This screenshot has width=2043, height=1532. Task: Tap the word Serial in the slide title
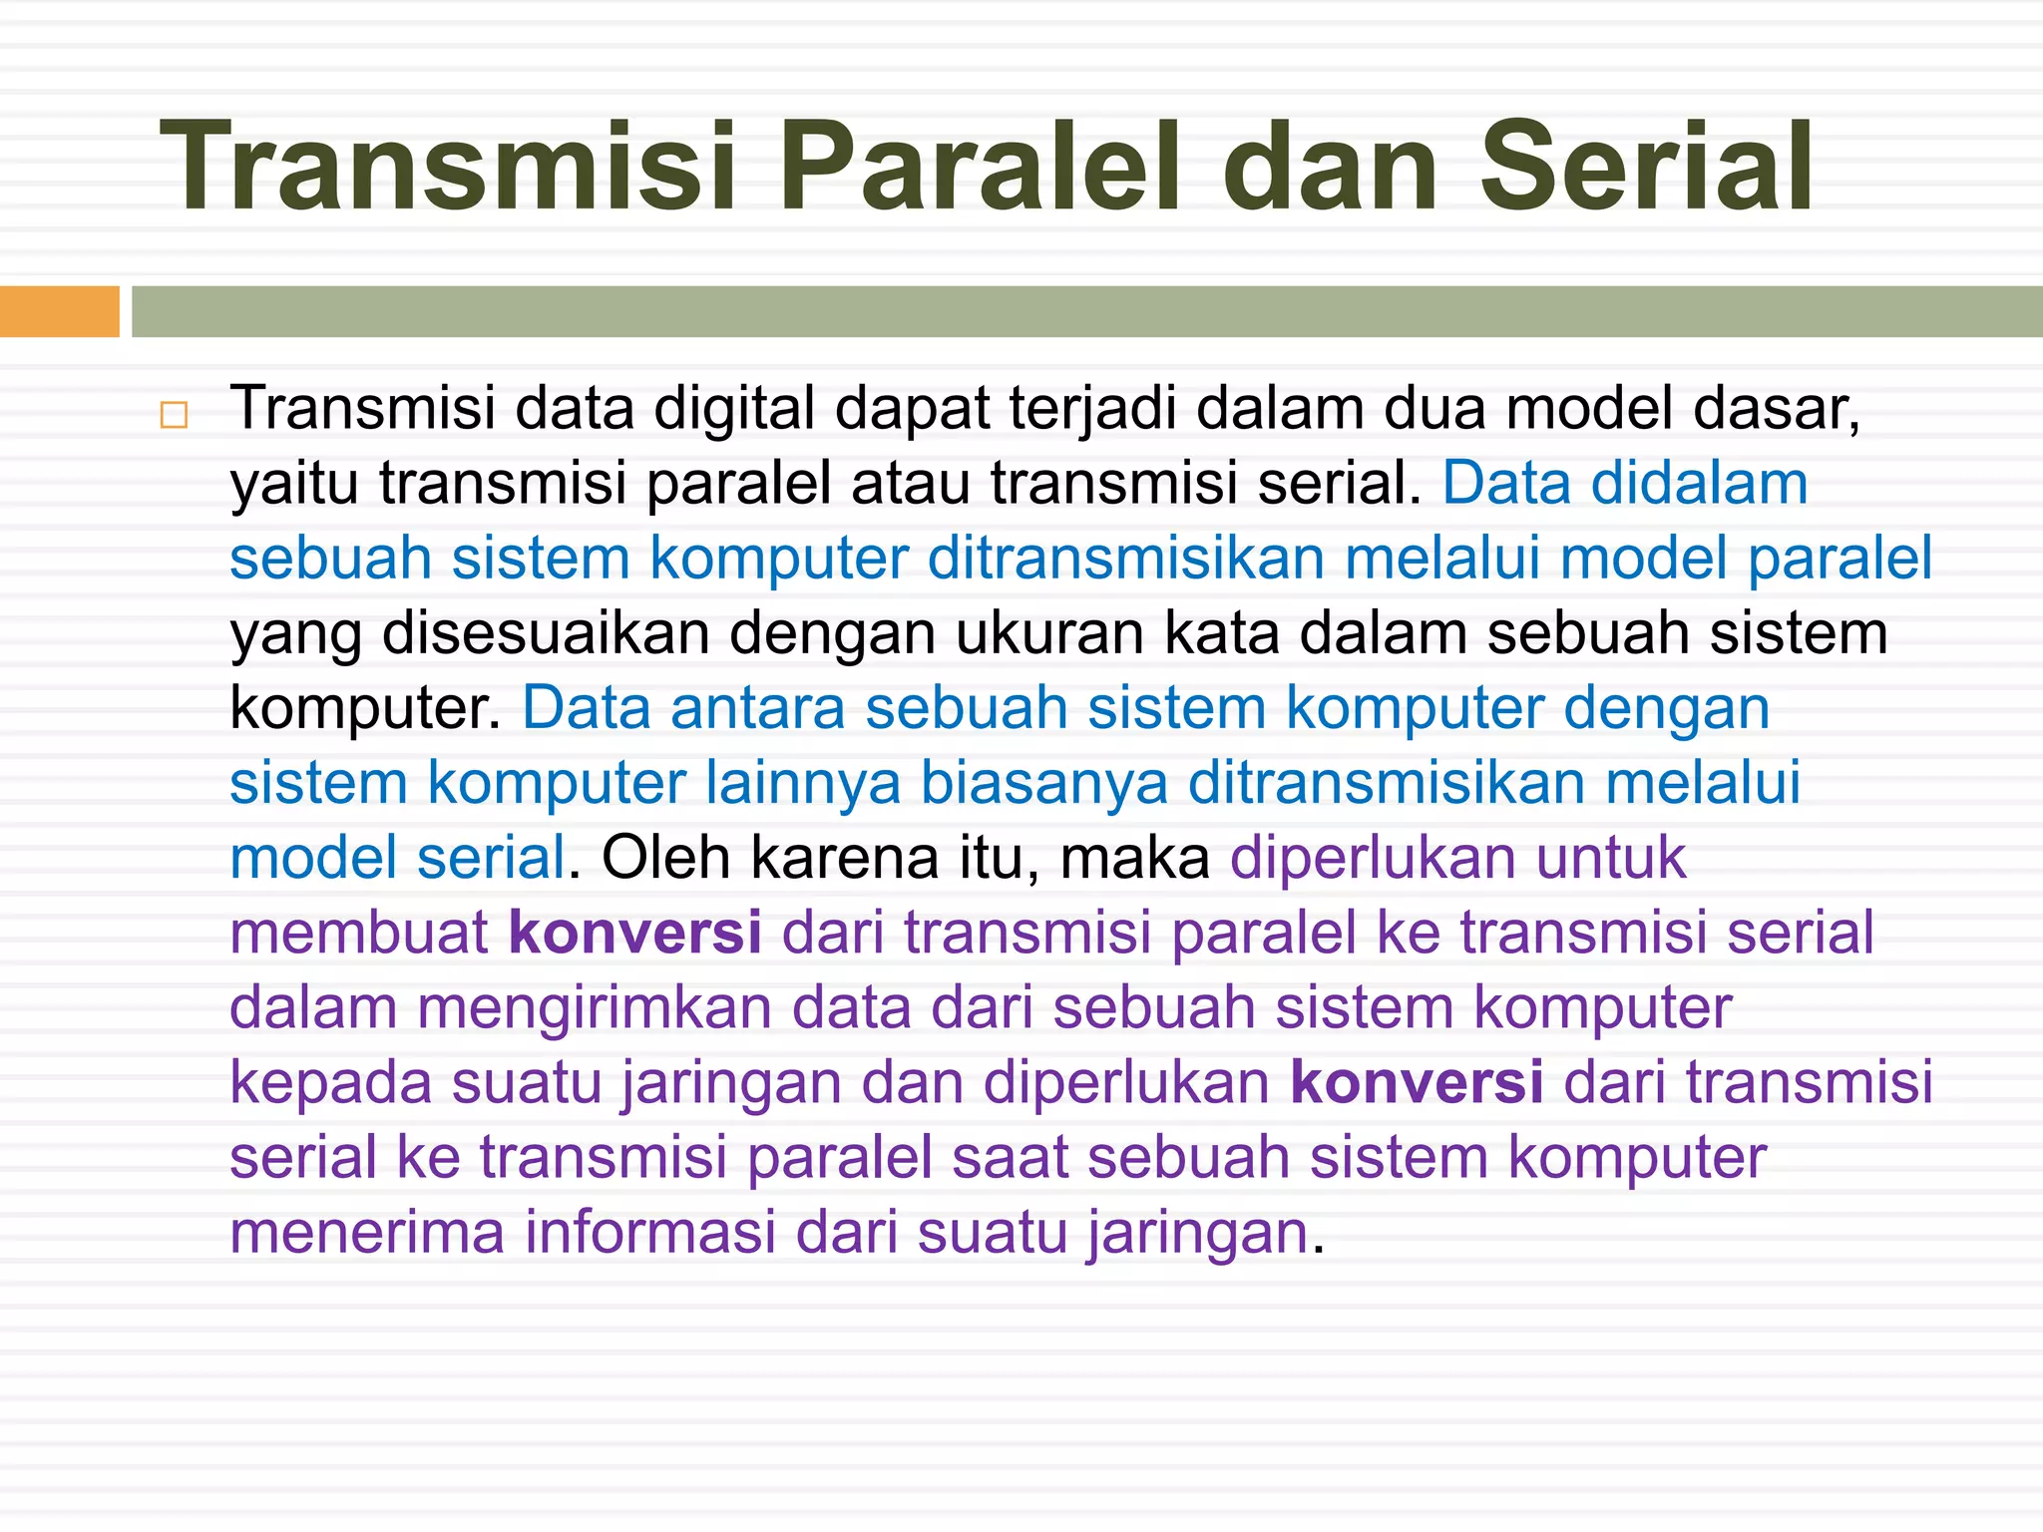(1646, 167)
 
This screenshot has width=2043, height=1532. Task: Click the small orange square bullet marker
(174, 415)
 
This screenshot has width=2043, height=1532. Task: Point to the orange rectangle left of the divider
(59, 311)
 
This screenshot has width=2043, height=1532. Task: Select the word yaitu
(293, 484)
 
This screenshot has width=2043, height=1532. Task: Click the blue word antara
(758, 708)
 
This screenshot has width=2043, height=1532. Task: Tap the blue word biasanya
(1043, 783)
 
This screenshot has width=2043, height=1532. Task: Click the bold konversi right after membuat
(635, 933)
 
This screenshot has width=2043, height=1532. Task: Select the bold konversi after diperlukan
(1417, 1082)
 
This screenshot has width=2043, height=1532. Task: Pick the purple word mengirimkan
(595, 1007)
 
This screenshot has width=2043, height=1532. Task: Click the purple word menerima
(367, 1232)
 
